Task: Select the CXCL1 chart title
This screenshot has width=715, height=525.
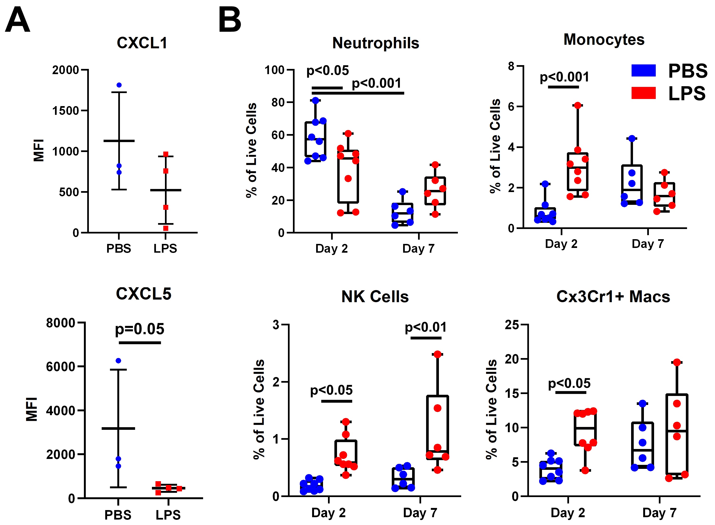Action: coord(142,43)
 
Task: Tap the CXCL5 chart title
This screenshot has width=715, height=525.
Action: coord(143,293)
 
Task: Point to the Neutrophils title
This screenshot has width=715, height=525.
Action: coord(376,43)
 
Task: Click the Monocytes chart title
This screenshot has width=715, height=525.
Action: coord(604,40)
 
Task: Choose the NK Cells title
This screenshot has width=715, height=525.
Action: coord(375,296)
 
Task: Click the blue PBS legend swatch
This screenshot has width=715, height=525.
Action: coord(643,71)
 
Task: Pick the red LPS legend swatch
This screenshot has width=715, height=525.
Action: coord(643,93)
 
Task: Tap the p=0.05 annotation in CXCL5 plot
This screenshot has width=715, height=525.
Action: coord(139,329)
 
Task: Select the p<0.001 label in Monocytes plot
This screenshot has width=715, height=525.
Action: coord(564,77)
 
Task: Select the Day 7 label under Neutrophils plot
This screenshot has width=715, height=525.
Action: coord(418,248)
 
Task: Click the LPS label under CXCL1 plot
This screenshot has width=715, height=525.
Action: coord(165,248)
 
